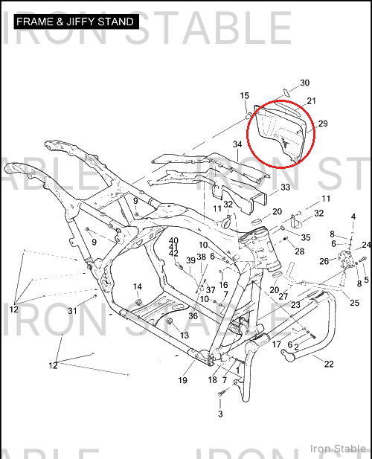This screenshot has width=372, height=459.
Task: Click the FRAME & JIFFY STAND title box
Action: click(77, 22)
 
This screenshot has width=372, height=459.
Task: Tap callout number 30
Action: click(305, 83)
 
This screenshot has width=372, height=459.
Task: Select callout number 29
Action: click(323, 123)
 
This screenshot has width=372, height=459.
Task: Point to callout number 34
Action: click(237, 144)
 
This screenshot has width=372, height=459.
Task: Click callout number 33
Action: click(286, 187)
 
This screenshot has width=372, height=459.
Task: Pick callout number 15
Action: click(244, 96)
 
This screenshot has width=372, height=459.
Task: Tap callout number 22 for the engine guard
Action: click(329, 364)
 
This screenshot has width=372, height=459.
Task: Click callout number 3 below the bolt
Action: click(220, 414)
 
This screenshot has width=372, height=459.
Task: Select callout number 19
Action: click(182, 380)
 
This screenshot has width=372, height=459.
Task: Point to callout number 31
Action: click(72, 310)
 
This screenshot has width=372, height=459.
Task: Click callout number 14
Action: click(138, 286)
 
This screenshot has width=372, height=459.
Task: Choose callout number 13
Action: click(184, 336)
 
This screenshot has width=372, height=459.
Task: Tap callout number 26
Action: click(324, 261)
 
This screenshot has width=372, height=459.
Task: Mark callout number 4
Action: click(353, 217)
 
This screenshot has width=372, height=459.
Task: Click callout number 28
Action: click(299, 251)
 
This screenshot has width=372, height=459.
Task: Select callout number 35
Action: click(306, 237)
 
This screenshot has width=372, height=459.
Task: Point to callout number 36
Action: click(193, 316)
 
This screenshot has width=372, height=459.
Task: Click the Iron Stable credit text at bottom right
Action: click(338, 448)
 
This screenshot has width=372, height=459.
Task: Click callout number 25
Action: click(354, 303)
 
